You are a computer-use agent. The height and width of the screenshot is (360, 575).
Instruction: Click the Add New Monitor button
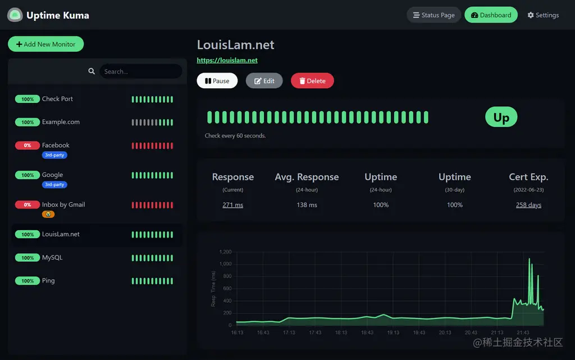(x=45, y=44)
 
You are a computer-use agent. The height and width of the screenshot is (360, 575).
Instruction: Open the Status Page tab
(x=433, y=15)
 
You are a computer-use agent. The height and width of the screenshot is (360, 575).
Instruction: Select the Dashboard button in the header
(x=491, y=15)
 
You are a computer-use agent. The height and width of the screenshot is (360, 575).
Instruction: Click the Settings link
(x=543, y=15)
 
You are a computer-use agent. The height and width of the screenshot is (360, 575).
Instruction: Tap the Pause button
(x=217, y=81)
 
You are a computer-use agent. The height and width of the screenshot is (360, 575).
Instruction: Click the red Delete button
(x=312, y=81)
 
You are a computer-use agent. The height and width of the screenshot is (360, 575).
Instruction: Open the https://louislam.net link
(x=227, y=60)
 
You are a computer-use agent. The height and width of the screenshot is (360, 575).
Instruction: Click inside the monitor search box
(x=140, y=71)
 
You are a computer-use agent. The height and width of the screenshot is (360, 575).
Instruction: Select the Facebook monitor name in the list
(x=56, y=145)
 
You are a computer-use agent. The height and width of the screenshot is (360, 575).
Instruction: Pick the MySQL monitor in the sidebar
(x=52, y=258)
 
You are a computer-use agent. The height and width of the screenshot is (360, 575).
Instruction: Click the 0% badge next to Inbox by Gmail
(x=27, y=205)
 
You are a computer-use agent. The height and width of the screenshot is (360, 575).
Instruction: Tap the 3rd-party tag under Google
(x=54, y=184)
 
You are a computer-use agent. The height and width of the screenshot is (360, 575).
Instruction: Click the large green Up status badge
(x=501, y=117)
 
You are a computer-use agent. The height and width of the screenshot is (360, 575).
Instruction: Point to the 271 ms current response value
(x=232, y=205)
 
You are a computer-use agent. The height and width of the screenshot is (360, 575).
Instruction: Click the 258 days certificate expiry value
(x=528, y=205)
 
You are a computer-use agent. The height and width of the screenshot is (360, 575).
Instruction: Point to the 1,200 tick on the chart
(x=225, y=252)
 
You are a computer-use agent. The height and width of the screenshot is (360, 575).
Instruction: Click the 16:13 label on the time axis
(x=237, y=332)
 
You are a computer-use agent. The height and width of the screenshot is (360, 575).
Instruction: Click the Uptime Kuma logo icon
(x=15, y=15)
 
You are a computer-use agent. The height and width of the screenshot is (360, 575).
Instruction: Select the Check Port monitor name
(x=57, y=99)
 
